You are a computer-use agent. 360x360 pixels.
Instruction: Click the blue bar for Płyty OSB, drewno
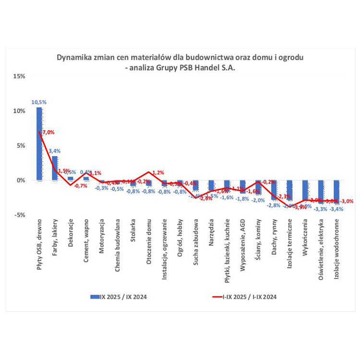pos(39,144)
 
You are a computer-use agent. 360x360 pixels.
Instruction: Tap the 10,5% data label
pos(39,102)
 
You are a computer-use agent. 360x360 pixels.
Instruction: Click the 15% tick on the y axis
pos(20,76)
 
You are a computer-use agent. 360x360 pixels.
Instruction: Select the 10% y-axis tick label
pos(20,111)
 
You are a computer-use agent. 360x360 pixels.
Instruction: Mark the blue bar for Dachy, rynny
pos(274,190)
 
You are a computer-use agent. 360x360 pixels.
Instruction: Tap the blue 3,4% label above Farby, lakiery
pos(55,151)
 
